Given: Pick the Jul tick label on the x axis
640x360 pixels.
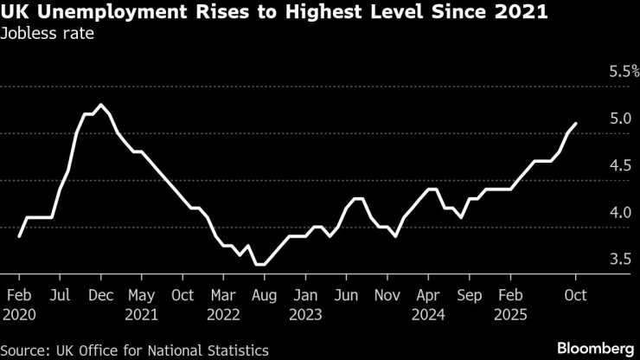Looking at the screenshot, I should [x=61, y=295].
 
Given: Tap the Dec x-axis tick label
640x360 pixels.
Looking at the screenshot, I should [x=102, y=295].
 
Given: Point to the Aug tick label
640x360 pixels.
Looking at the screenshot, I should [x=265, y=295].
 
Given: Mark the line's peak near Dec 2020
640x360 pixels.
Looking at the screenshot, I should [x=102, y=105].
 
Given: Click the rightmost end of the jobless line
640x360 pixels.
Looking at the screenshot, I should [x=576, y=124].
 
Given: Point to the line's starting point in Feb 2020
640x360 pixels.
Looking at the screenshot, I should [x=19, y=235].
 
